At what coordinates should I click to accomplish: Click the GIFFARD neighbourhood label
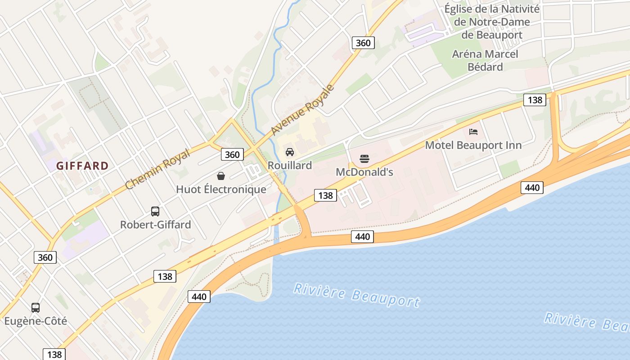click(x=82, y=166)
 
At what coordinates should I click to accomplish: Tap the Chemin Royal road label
click(x=157, y=168)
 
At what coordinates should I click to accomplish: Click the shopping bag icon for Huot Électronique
click(x=221, y=175)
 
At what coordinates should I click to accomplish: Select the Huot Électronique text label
click(x=221, y=189)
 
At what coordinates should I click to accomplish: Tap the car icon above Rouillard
click(x=290, y=152)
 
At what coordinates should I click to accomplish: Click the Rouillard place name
click(x=290, y=165)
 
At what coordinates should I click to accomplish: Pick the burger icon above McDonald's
click(x=364, y=158)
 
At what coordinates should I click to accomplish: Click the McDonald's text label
click(x=364, y=172)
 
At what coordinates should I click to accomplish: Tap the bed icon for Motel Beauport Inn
click(x=473, y=131)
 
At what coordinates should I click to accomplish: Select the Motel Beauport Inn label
click(x=473, y=145)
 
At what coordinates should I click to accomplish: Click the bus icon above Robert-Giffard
click(x=155, y=211)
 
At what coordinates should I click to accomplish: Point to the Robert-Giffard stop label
click(x=155, y=225)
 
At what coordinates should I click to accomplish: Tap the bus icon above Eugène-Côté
click(x=36, y=308)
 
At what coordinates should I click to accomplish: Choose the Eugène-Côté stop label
click(x=36, y=321)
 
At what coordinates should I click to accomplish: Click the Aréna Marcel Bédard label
click(x=485, y=60)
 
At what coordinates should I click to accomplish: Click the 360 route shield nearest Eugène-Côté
click(x=45, y=257)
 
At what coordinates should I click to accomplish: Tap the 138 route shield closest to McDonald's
click(x=325, y=195)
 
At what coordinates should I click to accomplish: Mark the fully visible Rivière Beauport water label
click(x=356, y=295)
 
